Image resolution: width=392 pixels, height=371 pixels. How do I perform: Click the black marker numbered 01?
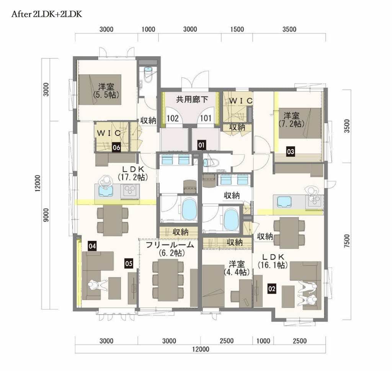[x=201, y=145]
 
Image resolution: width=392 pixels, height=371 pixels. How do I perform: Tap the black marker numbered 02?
[x=272, y=289]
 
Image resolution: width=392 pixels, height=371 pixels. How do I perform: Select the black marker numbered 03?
[x=290, y=152]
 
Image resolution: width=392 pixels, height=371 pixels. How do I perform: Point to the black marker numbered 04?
[x=92, y=246]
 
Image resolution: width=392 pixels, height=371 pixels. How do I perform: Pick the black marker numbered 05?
[x=129, y=263]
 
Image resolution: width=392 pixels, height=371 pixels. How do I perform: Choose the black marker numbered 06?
[x=116, y=147]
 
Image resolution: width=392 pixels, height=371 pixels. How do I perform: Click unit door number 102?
[x=173, y=118]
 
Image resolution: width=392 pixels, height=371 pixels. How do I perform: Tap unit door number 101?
[x=206, y=118]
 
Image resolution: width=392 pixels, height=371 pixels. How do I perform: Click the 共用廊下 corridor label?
[x=192, y=100]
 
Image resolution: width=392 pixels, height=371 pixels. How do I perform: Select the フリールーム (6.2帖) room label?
[x=170, y=249]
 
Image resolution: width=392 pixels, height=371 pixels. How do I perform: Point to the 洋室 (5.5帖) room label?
[x=106, y=91]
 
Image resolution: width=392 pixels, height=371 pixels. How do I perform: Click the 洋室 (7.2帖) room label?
[x=291, y=120]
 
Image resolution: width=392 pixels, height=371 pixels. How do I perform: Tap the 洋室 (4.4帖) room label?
[x=237, y=268]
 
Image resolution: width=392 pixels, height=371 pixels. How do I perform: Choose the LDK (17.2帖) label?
[x=133, y=173]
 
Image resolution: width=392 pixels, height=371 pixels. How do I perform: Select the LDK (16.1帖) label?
[x=273, y=261]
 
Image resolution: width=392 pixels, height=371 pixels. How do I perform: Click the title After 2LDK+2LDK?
[x=47, y=14]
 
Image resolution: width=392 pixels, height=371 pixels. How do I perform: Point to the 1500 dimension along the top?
[x=237, y=29]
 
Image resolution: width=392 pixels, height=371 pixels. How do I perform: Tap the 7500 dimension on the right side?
[x=347, y=241]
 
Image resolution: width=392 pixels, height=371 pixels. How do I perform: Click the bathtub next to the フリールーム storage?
[x=189, y=209]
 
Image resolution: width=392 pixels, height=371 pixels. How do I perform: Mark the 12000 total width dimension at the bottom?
[x=201, y=349]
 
